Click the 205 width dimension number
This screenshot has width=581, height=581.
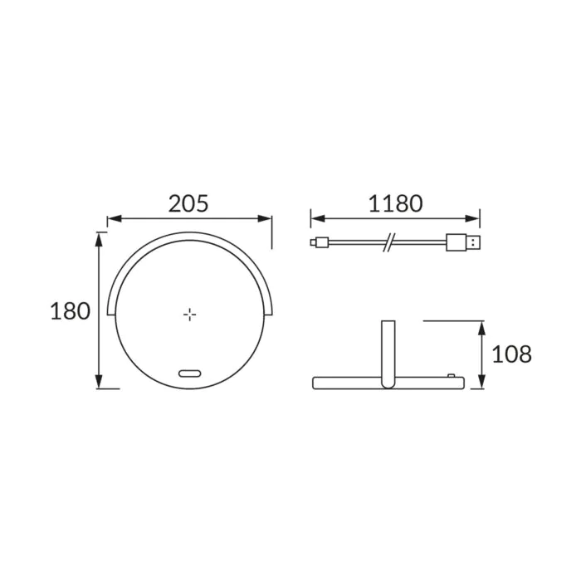click(188, 203)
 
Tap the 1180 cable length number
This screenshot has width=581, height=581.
click(395, 203)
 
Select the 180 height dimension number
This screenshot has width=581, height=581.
click(70, 311)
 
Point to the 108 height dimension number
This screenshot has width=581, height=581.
click(512, 354)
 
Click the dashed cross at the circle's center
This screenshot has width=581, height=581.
click(190, 315)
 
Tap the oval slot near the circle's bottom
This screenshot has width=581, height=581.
click(190, 373)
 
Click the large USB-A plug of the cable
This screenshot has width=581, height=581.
click(463, 242)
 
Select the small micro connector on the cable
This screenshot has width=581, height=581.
click(320, 242)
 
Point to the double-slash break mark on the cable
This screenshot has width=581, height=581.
click(389, 242)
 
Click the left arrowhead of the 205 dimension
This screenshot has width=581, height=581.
click(115, 218)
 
